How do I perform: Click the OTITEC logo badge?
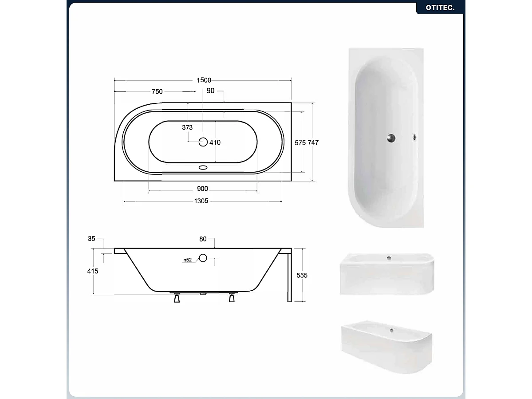tap(440, 8)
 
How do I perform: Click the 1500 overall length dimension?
tap(204, 80)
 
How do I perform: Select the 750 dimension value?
tap(157, 92)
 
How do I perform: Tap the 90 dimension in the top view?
tap(210, 91)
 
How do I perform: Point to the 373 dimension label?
tap(187, 127)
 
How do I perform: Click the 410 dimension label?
tap(215, 142)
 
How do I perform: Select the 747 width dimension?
tap(313, 142)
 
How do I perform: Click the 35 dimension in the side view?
tap(92, 239)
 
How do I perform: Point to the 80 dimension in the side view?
tap(203, 239)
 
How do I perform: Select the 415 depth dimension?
tap(93, 271)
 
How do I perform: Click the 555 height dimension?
tap(302, 275)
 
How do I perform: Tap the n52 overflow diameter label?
tap(187, 260)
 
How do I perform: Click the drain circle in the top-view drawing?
tap(203, 142)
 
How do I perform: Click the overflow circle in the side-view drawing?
tap(203, 257)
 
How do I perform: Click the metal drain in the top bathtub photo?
tap(391, 138)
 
